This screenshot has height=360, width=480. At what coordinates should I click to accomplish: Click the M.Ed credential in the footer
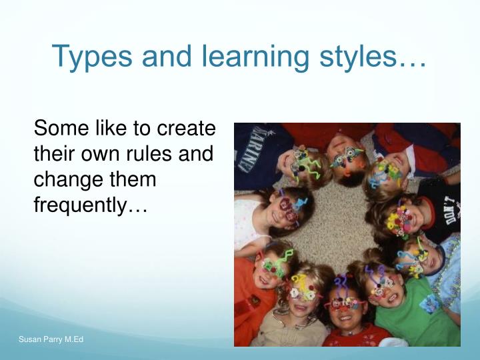(x=74, y=341)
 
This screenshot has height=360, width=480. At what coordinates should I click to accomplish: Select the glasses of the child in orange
(x=275, y=265)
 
